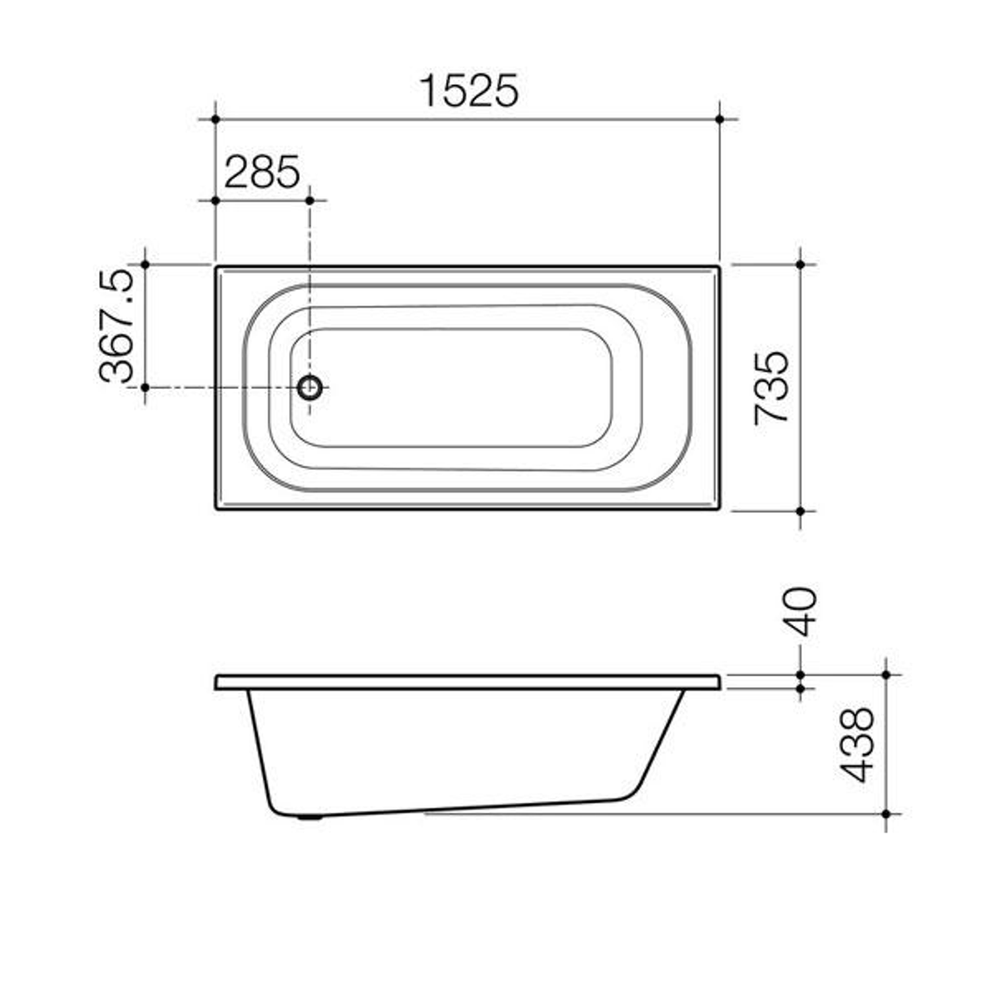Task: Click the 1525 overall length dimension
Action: pyautogui.click(x=469, y=91)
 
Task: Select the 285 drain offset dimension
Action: pyautogui.click(x=262, y=172)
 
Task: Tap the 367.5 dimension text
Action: pyautogui.click(x=118, y=326)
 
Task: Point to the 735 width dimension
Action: pyautogui.click(x=772, y=386)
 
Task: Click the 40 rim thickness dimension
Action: pyautogui.click(x=800, y=612)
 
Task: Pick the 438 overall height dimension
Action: pyautogui.click(x=860, y=744)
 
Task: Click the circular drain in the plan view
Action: pyautogui.click(x=310, y=387)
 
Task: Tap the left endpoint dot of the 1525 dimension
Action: pyautogui.click(x=215, y=119)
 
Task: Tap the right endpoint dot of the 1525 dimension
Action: pyautogui.click(x=719, y=119)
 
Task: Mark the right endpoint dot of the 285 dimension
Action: pyautogui.click(x=309, y=200)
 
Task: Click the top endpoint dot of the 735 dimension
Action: pyautogui.click(x=800, y=264)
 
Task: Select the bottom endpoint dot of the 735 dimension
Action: pyautogui.click(x=800, y=510)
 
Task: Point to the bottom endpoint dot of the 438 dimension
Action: pyautogui.click(x=885, y=814)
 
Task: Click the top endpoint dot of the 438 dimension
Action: pyautogui.click(x=885, y=674)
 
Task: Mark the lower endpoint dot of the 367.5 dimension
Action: pyautogui.click(x=145, y=387)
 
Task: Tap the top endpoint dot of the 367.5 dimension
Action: pyautogui.click(x=145, y=264)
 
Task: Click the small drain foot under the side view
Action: pyautogui.click(x=311, y=817)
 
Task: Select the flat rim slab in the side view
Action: pyautogui.click(x=467, y=682)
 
